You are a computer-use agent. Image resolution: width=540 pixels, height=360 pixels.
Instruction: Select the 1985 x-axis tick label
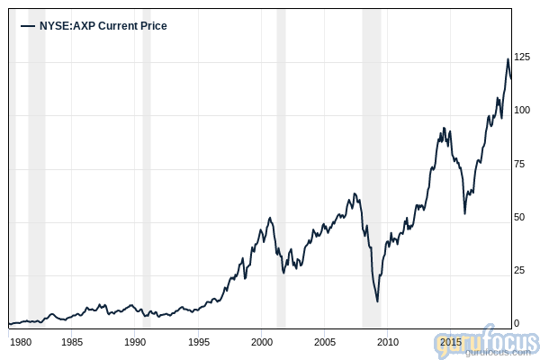72,342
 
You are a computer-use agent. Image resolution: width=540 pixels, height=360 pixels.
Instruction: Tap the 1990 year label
135,342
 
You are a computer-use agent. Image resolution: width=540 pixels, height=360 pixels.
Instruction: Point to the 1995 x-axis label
198,342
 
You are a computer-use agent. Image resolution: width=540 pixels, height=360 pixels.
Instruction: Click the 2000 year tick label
261,342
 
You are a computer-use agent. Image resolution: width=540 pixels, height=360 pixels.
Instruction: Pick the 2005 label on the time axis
324,342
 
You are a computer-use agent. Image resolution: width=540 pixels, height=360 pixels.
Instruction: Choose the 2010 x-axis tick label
387,342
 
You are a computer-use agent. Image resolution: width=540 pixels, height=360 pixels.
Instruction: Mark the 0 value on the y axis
516,323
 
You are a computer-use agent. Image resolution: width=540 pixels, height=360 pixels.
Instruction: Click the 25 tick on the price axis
519,270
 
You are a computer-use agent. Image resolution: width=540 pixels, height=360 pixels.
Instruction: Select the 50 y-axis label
519,217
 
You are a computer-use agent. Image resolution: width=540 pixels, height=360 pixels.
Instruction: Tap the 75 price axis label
519,164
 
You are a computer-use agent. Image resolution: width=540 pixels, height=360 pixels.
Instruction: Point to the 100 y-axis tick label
522,111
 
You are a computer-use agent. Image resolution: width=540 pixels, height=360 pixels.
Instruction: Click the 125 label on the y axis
522,58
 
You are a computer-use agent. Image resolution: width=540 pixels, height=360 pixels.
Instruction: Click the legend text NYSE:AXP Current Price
103,26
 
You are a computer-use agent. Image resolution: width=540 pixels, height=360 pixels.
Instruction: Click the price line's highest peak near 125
508,59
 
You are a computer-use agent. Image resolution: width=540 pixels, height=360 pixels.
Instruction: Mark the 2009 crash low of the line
377,301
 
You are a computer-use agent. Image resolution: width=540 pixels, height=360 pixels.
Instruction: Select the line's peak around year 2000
270,217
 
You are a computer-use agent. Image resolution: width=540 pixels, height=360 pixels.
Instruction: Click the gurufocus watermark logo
486,345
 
